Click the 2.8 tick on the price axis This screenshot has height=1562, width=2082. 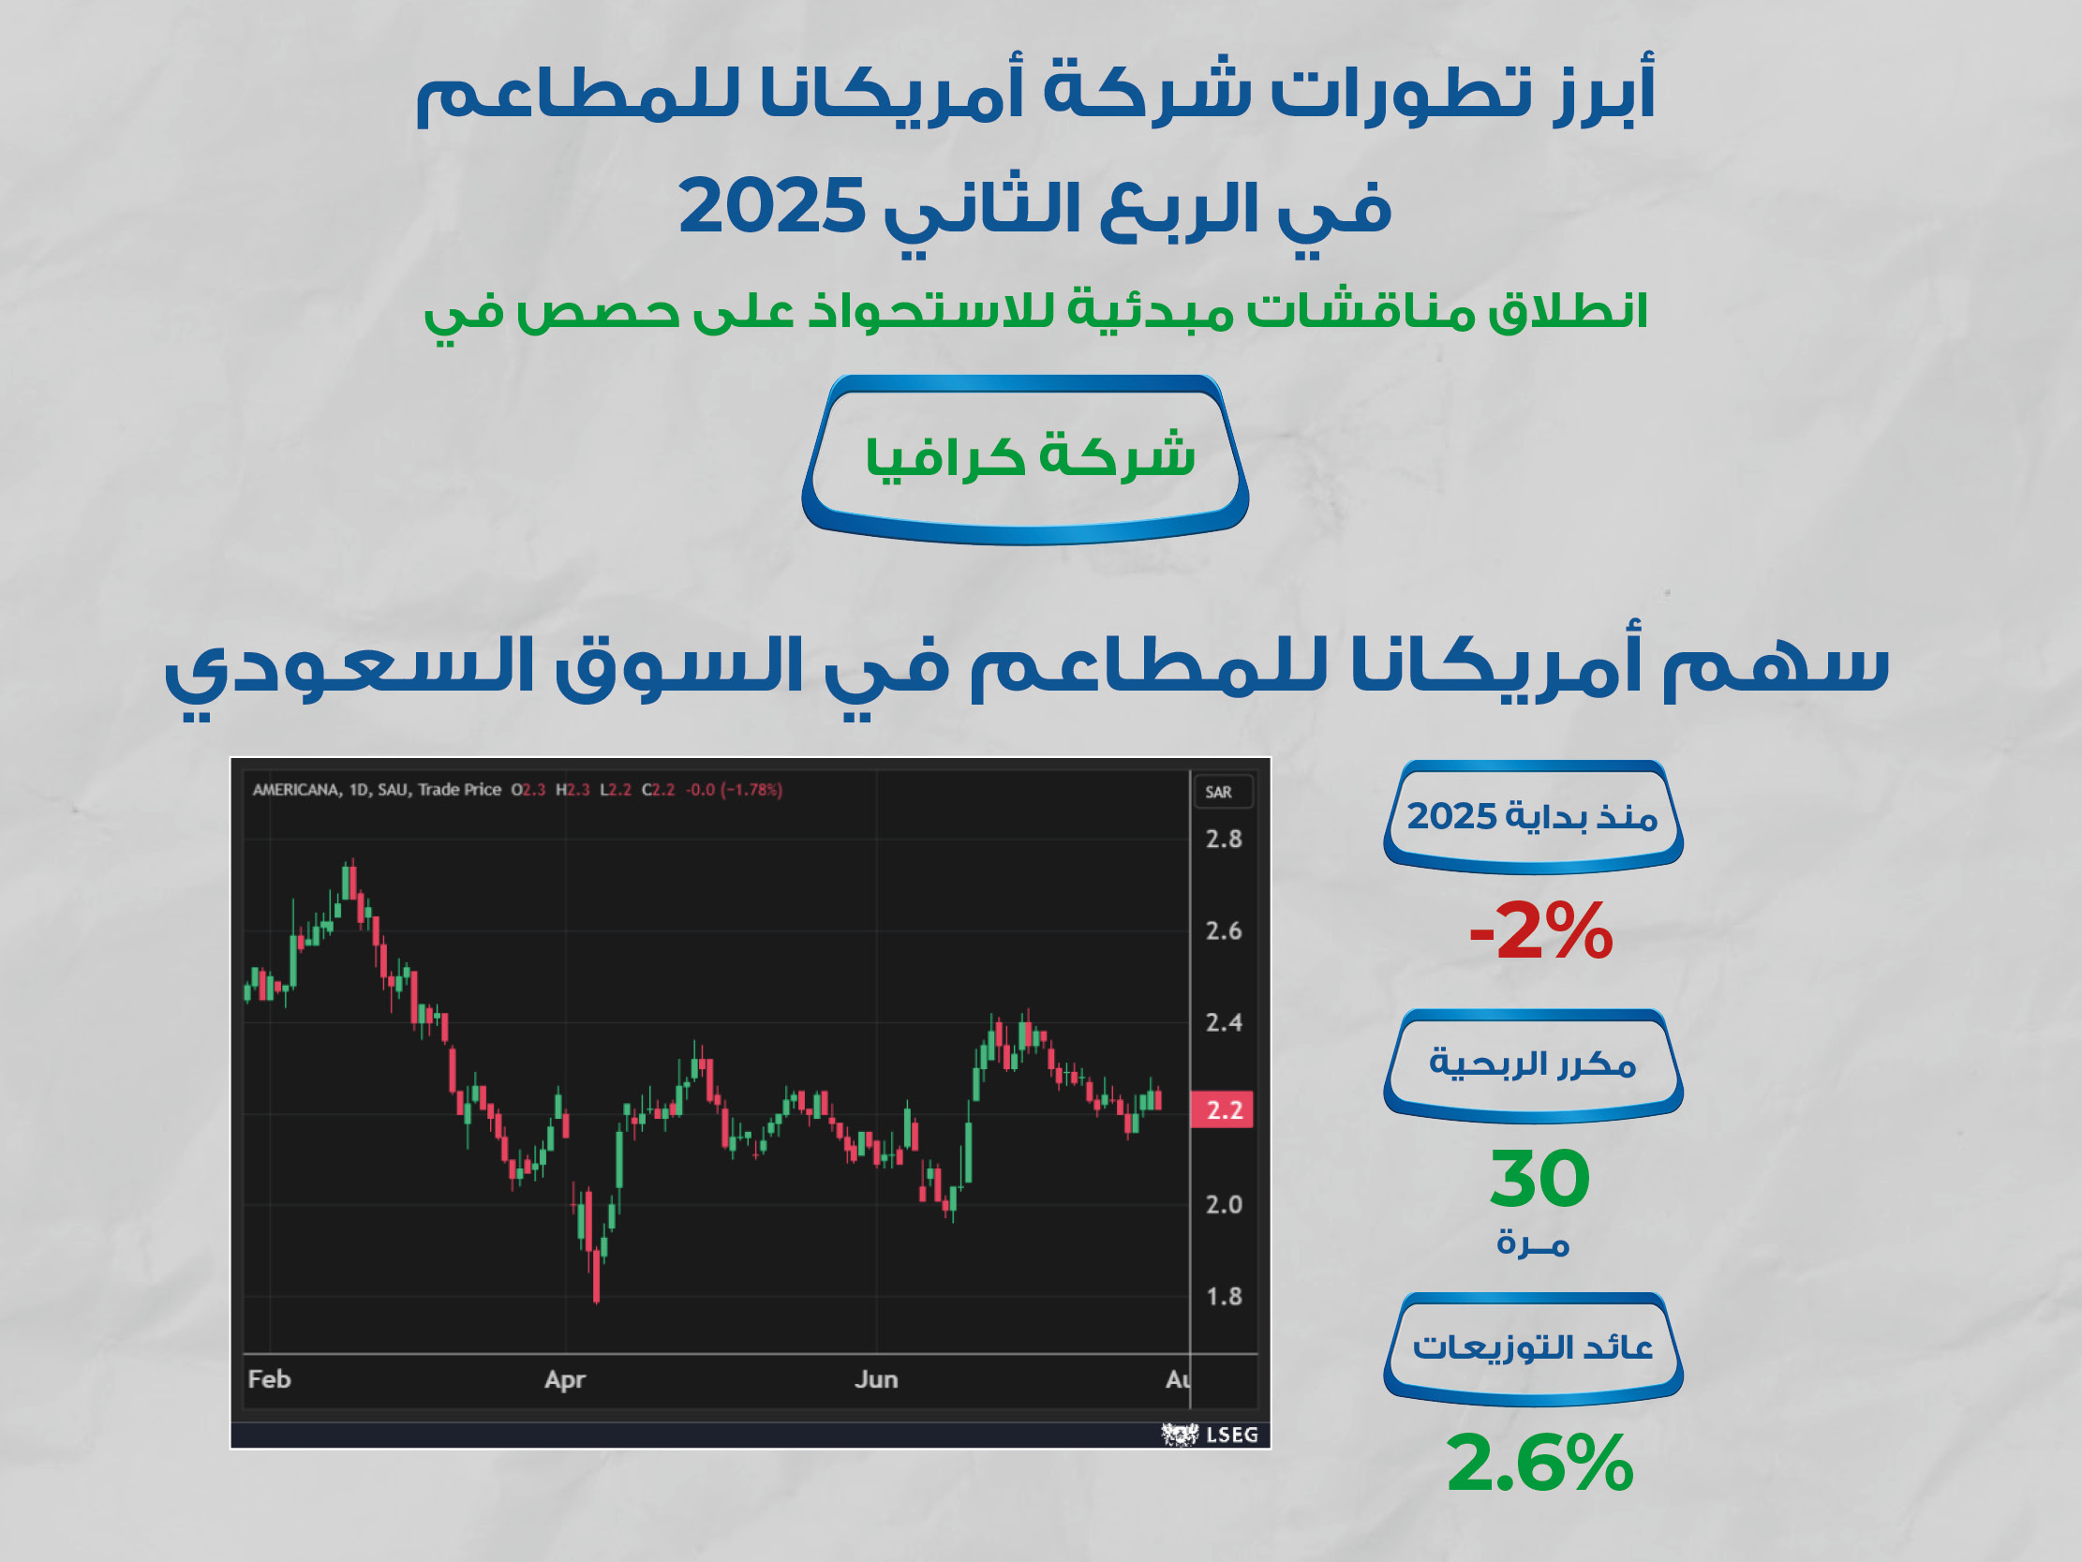coord(1224,839)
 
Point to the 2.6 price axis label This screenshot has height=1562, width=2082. coord(1224,931)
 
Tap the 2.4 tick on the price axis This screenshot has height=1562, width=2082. coord(1224,1022)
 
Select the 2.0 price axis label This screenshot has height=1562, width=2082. coord(1224,1205)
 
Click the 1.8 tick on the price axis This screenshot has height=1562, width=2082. coord(1224,1297)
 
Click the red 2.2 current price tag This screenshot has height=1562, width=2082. coord(1223,1110)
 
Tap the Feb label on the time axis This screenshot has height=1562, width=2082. coord(269,1379)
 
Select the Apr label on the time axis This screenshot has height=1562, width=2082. coord(565,1380)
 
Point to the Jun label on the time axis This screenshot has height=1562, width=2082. coord(876,1379)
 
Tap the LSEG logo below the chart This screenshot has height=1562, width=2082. coord(1210,1435)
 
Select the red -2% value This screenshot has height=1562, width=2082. coord(1540,931)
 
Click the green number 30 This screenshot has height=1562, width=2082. coord(1539,1178)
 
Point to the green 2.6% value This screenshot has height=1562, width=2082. coord(1539,1462)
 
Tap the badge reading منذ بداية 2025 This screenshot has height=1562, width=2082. coord(1533,817)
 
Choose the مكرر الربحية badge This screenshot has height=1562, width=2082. coord(1533,1065)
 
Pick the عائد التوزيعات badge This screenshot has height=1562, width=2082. coord(1533,1349)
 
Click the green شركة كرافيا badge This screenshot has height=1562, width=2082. coord(1025,459)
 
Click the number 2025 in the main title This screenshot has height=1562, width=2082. coord(772,206)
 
